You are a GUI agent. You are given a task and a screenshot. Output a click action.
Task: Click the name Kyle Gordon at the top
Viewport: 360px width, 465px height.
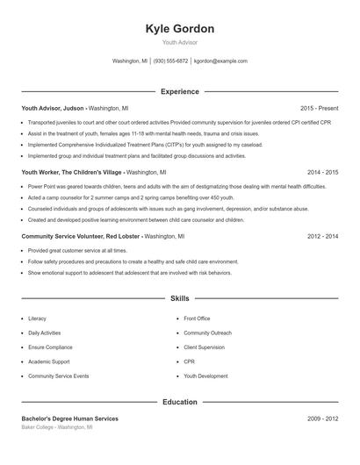click(x=179, y=29)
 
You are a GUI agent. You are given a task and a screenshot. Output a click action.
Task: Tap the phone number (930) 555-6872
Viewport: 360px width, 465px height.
click(x=170, y=61)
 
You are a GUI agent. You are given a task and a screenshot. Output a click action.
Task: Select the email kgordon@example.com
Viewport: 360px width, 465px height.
click(x=220, y=61)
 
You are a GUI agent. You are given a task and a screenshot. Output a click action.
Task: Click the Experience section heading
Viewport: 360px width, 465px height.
click(x=179, y=91)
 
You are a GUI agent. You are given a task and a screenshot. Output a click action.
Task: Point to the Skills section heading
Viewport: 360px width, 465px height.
click(x=179, y=298)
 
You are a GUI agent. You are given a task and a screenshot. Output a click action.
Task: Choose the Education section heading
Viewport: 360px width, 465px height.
click(x=179, y=402)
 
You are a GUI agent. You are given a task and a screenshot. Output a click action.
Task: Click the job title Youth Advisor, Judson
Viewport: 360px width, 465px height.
click(x=53, y=107)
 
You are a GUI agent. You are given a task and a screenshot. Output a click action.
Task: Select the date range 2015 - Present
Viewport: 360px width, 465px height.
click(x=319, y=107)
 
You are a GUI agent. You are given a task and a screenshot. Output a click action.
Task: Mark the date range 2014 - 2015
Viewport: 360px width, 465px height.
click(x=322, y=173)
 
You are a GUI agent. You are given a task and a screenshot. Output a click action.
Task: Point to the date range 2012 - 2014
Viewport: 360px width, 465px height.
click(x=322, y=237)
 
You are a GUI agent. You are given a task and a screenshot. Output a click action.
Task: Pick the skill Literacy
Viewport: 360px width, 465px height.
click(x=37, y=319)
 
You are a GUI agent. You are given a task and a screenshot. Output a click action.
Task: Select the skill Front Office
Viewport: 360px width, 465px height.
click(x=197, y=319)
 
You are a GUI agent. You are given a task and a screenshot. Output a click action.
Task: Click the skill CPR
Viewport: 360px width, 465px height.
click(x=189, y=361)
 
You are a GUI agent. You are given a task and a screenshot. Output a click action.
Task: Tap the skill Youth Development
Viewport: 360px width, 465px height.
click(x=205, y=376)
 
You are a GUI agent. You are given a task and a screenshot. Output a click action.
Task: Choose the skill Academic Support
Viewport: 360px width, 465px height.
click(x=48, y=361)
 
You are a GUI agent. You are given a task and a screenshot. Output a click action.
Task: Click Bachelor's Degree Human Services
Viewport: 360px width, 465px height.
click(x=69, y=418)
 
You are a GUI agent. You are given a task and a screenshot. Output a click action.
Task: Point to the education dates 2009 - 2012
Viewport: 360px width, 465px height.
click(x=322, y=418)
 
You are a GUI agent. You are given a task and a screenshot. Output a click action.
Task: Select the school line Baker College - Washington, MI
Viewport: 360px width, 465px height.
click(x=56, y=427)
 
